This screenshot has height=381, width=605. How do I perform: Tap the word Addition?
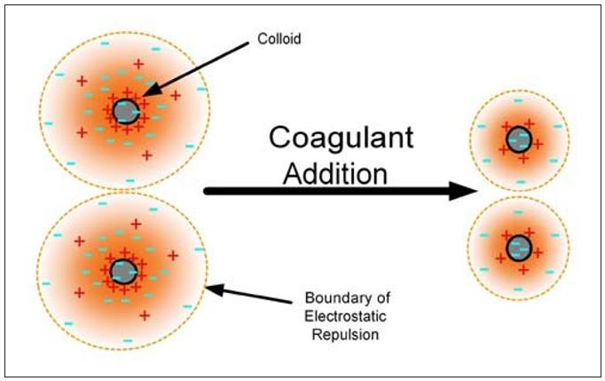click(335, 171)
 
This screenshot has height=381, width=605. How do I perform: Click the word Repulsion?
click(335, 336)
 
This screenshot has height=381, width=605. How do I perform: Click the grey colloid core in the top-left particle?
click(126, 111)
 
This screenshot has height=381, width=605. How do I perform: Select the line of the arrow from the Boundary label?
click(257, 293)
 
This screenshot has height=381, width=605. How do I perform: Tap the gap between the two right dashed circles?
click(519, 194)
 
